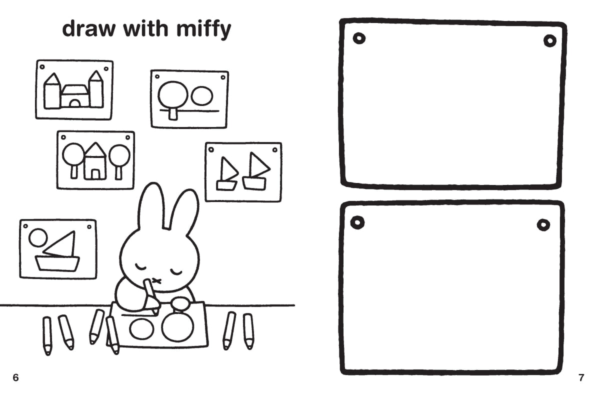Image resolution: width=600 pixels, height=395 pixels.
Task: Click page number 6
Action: point(15,378)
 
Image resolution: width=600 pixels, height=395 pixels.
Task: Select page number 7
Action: point(581,378)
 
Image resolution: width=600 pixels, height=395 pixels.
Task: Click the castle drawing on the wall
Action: point(74,90)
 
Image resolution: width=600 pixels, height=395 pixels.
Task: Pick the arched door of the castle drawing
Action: point(74,103)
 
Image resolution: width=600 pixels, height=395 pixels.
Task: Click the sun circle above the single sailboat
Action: point(38,237)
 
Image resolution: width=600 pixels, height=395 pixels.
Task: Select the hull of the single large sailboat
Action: point(57,263)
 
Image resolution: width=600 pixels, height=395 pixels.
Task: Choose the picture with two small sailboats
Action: point(243,171)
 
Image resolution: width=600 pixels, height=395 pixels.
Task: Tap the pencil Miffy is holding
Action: point(150,295)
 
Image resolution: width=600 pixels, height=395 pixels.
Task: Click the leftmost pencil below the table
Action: point(47,335)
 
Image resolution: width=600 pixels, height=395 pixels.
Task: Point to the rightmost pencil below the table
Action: point(248,331)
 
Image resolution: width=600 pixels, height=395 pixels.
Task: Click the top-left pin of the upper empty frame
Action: point(358,38)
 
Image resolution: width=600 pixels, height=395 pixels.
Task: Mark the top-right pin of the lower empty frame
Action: point(543,225)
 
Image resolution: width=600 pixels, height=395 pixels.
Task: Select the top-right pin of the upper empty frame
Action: point(550,41)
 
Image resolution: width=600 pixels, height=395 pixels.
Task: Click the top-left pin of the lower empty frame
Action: point(357,222)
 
